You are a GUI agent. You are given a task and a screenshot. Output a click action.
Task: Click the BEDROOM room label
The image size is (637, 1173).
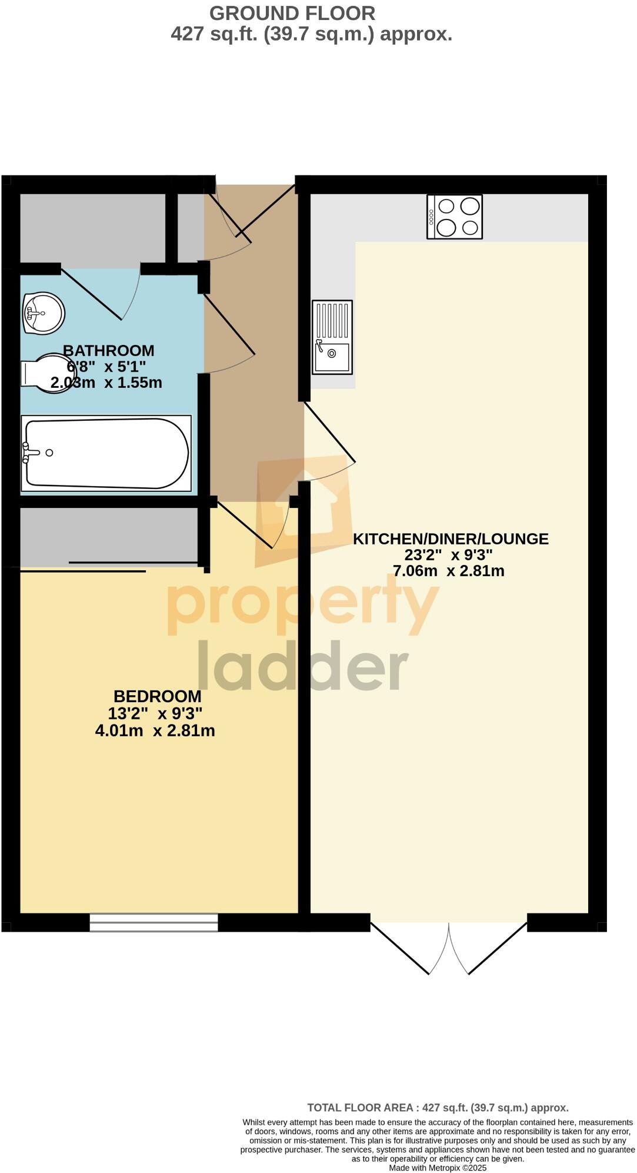click(x=157, y=696)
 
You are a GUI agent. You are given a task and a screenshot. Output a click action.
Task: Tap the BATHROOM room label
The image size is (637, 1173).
click(x=108, y=350)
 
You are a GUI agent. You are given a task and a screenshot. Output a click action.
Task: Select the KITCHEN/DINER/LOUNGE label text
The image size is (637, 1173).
click(x=451, y=539)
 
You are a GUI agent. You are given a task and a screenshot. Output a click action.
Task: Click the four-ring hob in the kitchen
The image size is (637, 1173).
click(x=455, y=217)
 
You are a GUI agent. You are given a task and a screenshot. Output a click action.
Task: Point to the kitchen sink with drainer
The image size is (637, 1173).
click(x=332, y=337)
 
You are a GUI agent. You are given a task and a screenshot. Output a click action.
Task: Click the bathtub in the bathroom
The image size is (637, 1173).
click(x=106, y=453)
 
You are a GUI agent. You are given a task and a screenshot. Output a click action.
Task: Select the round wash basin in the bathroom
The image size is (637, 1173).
click(x=42, y=314)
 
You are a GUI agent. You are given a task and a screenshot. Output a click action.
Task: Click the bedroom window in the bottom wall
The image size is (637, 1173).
click(x=154, y=922)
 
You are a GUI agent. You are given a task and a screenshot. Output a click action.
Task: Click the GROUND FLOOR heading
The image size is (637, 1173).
click(x=292, y=13)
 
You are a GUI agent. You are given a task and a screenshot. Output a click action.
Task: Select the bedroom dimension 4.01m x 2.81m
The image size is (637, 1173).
click(x=155, y=731)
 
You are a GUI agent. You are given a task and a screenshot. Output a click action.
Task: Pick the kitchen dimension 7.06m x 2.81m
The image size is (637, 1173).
click(x=448, y=570)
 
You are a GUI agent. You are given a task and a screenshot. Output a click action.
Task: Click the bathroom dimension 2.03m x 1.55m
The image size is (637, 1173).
click(x=106, y=383)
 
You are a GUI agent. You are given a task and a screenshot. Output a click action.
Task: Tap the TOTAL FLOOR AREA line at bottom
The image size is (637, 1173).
click(x=438, y=1108)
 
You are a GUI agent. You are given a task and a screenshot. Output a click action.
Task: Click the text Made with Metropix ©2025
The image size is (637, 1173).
click(x=438, y=1168)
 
